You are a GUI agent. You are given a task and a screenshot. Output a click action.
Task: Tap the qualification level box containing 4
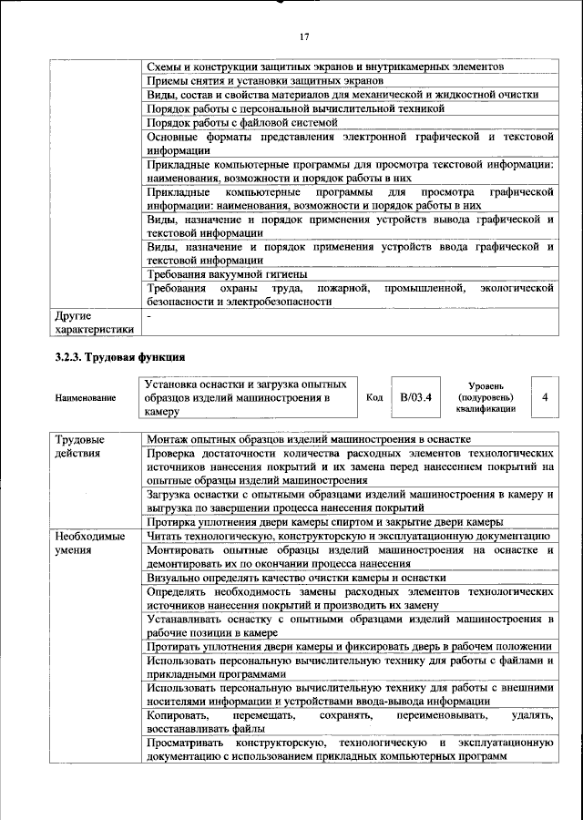point(544,397)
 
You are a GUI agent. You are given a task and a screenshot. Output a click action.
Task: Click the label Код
point(374,398)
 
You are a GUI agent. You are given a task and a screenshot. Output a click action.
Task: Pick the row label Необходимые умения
point(89,544)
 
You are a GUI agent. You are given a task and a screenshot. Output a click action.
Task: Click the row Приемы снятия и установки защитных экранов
point(255,81)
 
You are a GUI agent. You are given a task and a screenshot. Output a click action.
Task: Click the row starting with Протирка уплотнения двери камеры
point(325,521)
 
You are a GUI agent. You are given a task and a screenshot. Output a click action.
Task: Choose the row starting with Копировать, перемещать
point(351,723)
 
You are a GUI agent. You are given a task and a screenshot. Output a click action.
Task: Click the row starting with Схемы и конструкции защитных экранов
point(324,67)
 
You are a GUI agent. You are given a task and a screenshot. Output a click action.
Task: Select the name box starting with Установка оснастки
point(249,397)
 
